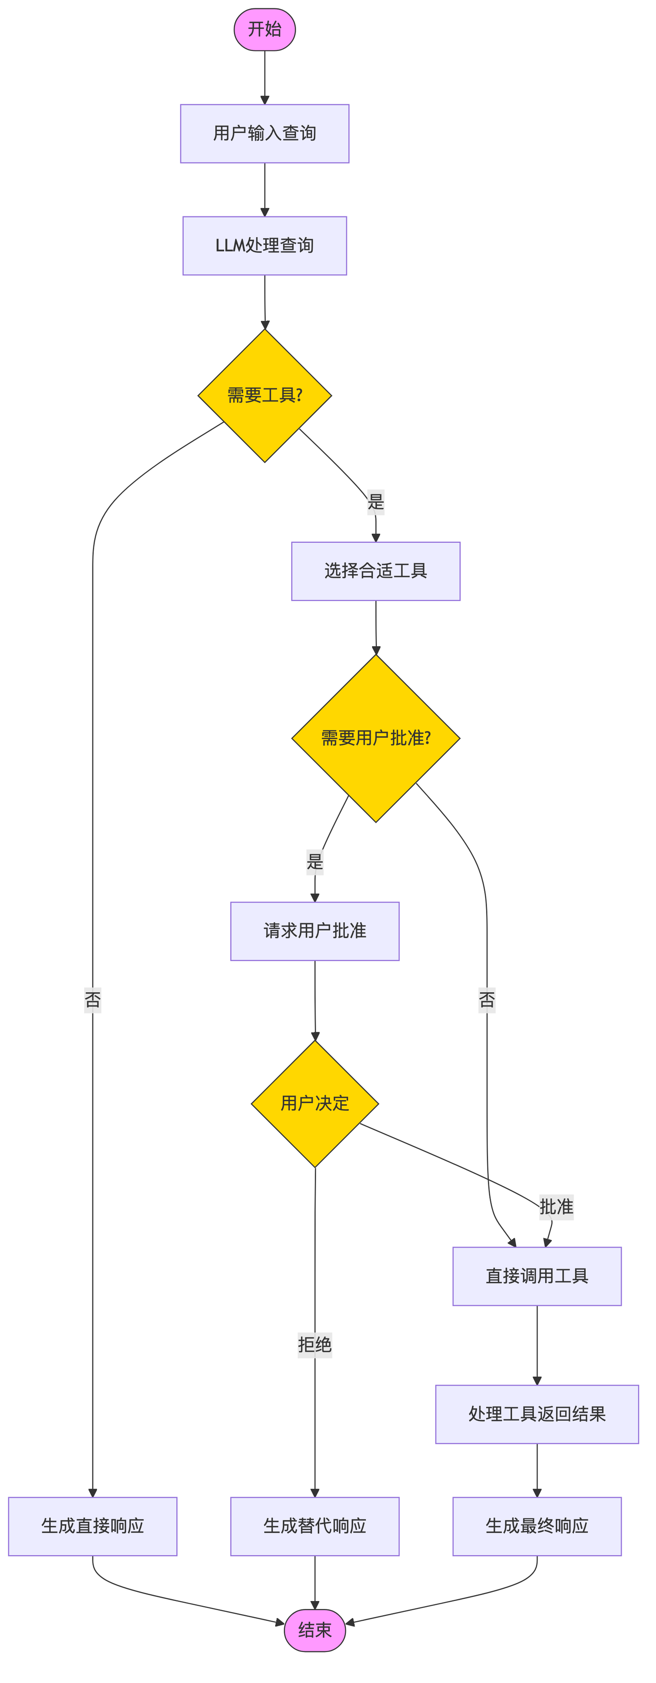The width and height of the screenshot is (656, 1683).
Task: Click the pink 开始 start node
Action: coord(265,30)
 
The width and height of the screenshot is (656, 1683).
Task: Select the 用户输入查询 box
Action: coord(265,133)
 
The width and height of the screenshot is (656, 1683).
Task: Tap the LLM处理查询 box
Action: coord(265,245)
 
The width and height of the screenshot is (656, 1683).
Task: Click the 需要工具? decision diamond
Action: coord(265,395)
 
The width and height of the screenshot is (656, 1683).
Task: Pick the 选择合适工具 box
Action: coord(376,571)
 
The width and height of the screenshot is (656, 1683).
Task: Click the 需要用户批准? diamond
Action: coord(376,738)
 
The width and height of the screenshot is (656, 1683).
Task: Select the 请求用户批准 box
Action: coord(315,931)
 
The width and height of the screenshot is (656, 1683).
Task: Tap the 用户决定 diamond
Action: coord(315,1103)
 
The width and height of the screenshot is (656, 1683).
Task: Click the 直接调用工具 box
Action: coord(537,1276)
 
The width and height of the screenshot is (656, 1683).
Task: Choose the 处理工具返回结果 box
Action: coord(537,1414)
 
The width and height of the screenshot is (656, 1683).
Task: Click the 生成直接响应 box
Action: coord(93,1526)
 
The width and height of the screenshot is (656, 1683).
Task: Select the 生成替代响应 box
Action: coord(315,1526)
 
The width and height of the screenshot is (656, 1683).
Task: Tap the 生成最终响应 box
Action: coord(537,1526)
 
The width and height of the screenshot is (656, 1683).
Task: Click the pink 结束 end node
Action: coord(315,1630)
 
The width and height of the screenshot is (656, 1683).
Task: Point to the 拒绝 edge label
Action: coord(315,1345)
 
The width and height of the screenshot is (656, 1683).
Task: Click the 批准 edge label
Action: coord(556,1207)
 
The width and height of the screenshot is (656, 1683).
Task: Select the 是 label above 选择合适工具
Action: coord(376,502)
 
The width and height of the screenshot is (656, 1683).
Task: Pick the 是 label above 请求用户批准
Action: coord(315,862)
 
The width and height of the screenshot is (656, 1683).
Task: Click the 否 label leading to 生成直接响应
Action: coord(93,1000)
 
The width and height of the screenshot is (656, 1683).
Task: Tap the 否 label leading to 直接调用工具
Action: coord(487,1000)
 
